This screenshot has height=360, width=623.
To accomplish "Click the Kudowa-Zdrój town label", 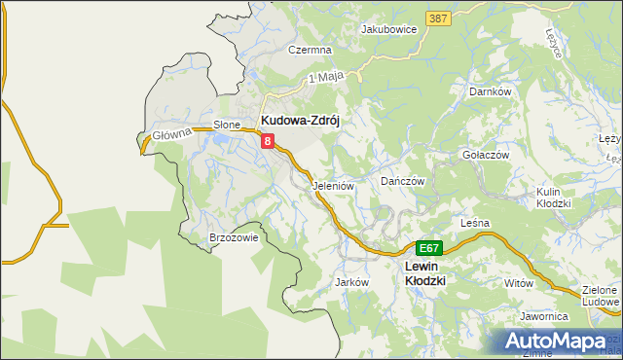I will (304, 122).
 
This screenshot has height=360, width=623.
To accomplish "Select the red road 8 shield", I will (268, 142).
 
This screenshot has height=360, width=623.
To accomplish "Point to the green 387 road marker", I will (438, 18).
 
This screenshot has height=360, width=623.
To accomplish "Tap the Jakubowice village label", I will (388, 29).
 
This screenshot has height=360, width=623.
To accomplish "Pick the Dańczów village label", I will (403, 181).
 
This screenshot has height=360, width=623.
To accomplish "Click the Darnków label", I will (491, 91).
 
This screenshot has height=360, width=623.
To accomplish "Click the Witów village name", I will (520, 282).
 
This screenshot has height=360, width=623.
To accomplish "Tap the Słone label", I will (227, 125).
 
